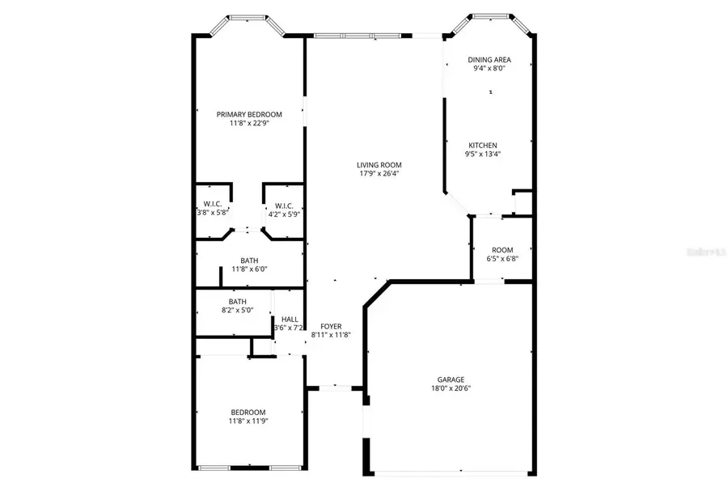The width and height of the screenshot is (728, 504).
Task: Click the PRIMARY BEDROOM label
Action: pos(249,114)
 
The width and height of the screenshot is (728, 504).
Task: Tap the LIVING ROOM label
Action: pos(379,164)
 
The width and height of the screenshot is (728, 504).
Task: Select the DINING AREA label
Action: pos(489,60)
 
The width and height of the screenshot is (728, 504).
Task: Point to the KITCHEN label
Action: pos(483,146)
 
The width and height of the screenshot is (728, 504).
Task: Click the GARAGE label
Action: pos(451,379)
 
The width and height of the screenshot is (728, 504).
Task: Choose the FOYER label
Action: pos(331,326)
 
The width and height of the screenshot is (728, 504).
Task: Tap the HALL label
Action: pos(289,320)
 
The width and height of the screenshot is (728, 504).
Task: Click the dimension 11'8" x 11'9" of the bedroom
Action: pos(248,421)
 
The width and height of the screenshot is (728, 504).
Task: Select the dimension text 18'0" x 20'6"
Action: pos(451,388)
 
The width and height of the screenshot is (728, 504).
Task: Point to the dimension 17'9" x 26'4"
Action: pos(379,173)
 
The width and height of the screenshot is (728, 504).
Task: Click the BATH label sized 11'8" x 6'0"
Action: pos(249,260)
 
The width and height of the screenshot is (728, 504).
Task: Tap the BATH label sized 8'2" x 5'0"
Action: pos(237,301)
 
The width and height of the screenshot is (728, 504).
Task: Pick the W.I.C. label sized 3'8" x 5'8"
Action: pos(213,204)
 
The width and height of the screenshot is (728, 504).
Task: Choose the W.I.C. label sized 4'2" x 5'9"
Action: pos(283,205)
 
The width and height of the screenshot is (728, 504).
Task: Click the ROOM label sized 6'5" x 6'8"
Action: pos(502,250)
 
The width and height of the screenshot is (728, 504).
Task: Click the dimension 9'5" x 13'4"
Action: pos(483,155)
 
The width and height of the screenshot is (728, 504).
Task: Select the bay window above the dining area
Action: pos(493,19)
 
